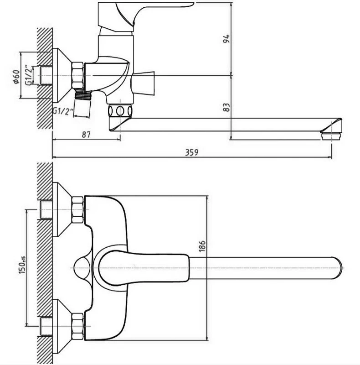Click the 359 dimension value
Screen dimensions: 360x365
[x=192, y=152]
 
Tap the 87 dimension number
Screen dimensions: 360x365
[x=86, y=135]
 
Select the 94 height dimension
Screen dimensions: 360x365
[x=226, y=39]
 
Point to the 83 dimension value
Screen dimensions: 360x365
[x=226, y=107]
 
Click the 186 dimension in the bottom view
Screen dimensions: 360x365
[x=202, y=246]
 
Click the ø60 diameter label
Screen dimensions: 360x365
[x=16, y=77]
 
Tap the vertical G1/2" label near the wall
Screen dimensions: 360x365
[x=29, y=75]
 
